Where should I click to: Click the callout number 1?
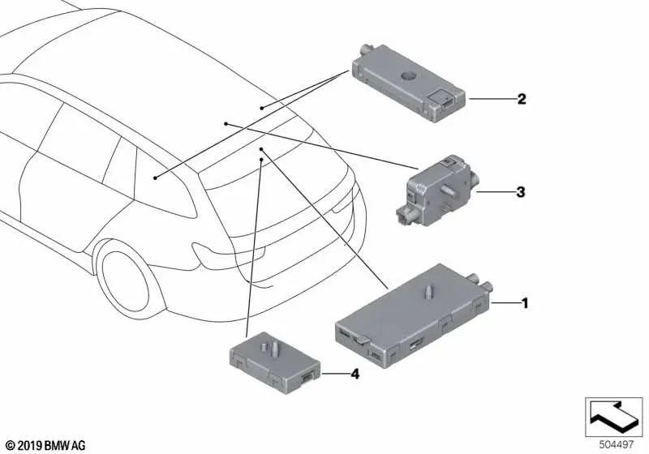[525, 303]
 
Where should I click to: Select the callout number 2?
[522, 99]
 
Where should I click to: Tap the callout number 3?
[521, 192]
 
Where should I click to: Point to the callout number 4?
[355, 375]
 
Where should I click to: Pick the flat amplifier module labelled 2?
[408, 83]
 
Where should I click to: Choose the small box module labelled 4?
[274, 362]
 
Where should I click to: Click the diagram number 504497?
[617, 445]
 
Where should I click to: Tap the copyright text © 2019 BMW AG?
[45, 445]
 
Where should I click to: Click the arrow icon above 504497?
[613, 417]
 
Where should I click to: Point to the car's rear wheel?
[125, 281]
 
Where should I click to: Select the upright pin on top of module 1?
[428, 290]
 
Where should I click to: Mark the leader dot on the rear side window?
[155, 178]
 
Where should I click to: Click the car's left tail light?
[228, 255]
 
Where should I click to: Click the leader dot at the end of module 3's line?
[226, 123]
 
